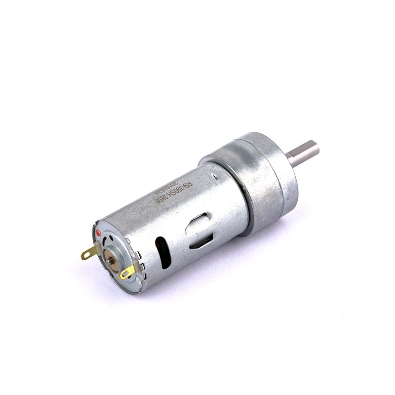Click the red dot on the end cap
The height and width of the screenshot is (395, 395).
tap(98, 232)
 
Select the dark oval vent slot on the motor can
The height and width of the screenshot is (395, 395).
tap(162, 252)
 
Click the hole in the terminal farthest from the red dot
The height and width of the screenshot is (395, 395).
tap(125, 273)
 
